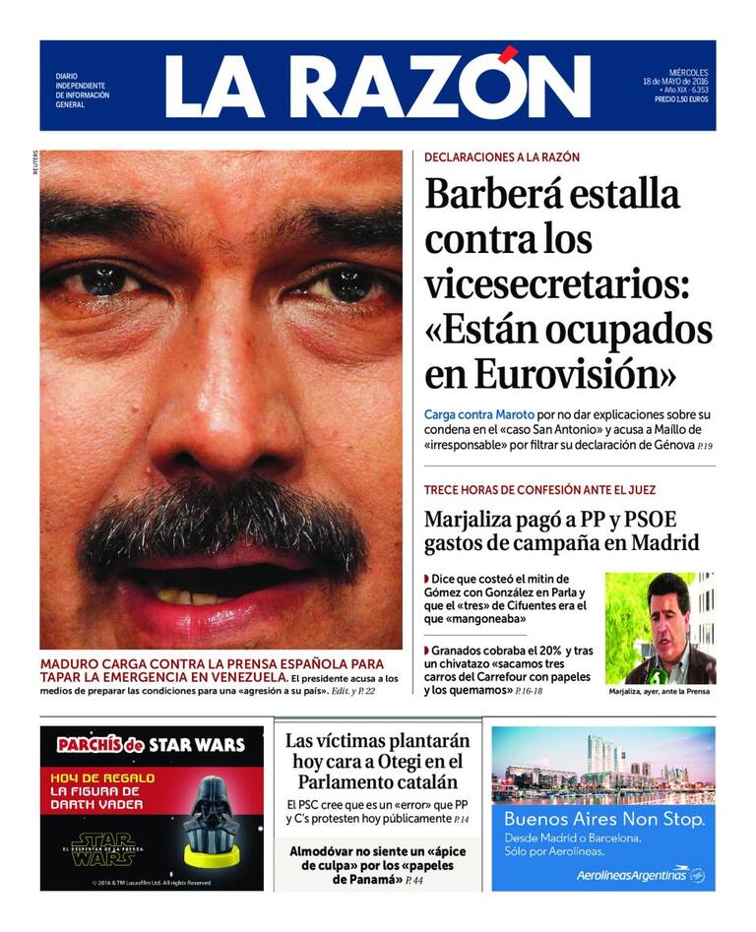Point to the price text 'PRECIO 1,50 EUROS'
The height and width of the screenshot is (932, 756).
[680, 99]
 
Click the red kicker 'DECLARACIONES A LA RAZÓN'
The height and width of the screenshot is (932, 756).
[502, 157]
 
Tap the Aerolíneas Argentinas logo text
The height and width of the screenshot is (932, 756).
[633, 873]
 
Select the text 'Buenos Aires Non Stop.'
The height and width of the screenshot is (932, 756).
[603, 819]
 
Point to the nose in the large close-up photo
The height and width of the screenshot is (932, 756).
[224, 413]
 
